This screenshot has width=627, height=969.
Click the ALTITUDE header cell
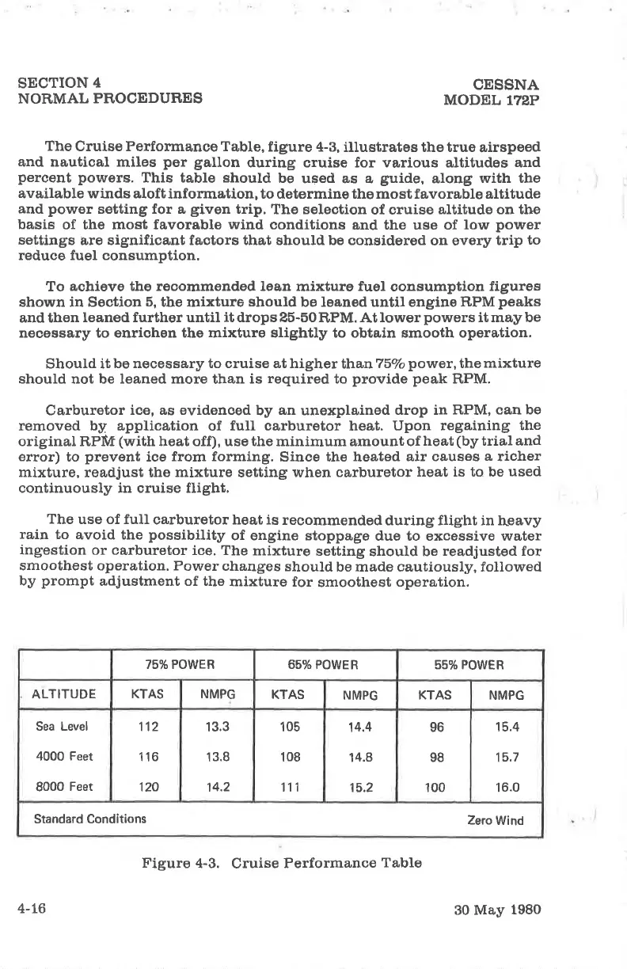[x=63, y=695]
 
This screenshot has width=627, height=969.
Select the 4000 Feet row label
[x=63, y=756]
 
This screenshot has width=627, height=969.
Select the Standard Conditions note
[x=89, y=819]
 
